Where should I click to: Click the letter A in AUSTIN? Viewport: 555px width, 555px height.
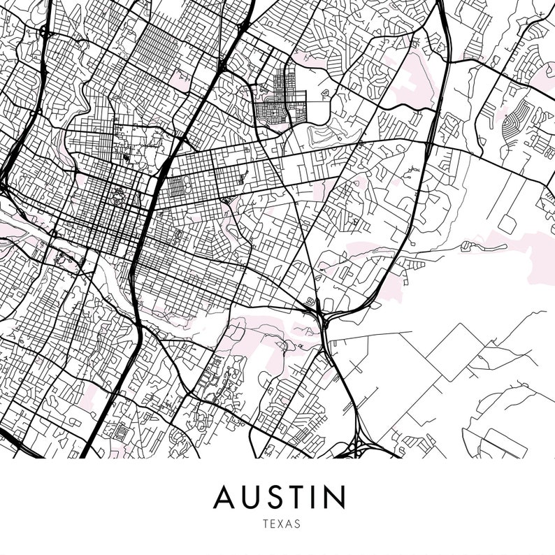(226, 498)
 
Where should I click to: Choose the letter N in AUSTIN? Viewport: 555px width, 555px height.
(336, 498)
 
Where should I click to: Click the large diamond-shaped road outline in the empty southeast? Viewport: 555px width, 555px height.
(455, 352)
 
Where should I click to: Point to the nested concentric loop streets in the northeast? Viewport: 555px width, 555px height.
(517, 123)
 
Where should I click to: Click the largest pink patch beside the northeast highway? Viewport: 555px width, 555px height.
(416, 80)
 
